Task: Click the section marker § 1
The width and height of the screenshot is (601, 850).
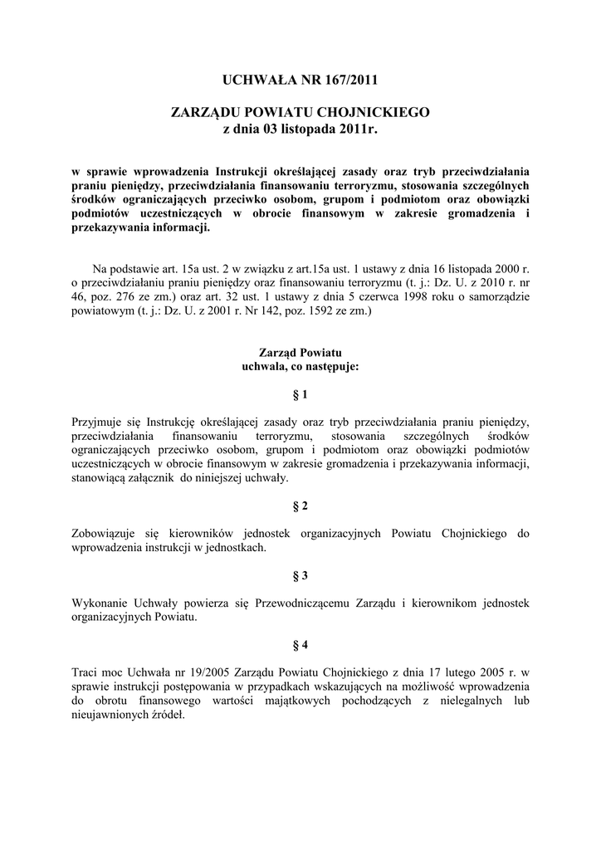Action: [x=300, y=394]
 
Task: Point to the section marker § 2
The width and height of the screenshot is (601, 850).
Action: [x=300, y=506]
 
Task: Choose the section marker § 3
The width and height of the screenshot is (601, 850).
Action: [x=300, y=574]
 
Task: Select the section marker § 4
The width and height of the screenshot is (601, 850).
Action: [x=300, y=643]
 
